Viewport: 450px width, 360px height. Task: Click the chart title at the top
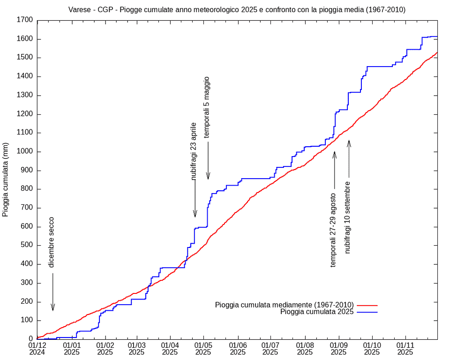[x=237, y=9]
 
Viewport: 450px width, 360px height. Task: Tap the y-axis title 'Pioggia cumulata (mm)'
[x=6, y=180]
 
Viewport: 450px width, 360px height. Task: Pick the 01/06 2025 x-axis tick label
[x=238, y=348]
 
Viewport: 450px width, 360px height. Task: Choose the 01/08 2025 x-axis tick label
[x=305, y=348]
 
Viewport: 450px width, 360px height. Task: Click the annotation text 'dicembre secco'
[x=52, y=242]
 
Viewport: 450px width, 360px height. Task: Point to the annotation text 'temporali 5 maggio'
[x=207, y=107]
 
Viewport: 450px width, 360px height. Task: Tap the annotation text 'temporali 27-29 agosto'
[x=333, y=230]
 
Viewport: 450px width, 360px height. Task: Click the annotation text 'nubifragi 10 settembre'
[x=348, y=217]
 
